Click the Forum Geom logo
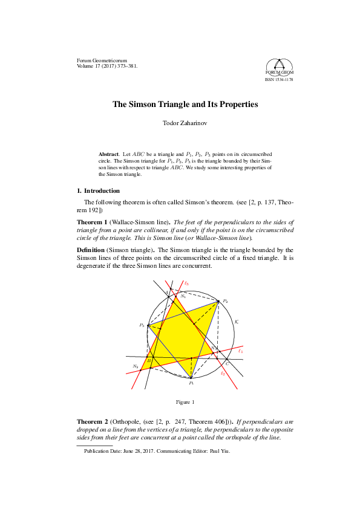tap(278, 68)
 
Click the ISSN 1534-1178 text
tap(278, 79)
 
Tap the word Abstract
tap(109, 155)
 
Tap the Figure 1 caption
tap(185, 402)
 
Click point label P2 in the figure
tap(225, 300)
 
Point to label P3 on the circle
tap(142, 325)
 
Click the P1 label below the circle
tap(191, 383)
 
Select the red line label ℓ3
tap(187, 284)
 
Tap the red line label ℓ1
tap(240, 351)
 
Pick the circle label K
tap(236, 323)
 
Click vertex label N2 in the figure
tap(136, 367)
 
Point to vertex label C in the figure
tap(227, 363)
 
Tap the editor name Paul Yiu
tap(220, 451)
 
